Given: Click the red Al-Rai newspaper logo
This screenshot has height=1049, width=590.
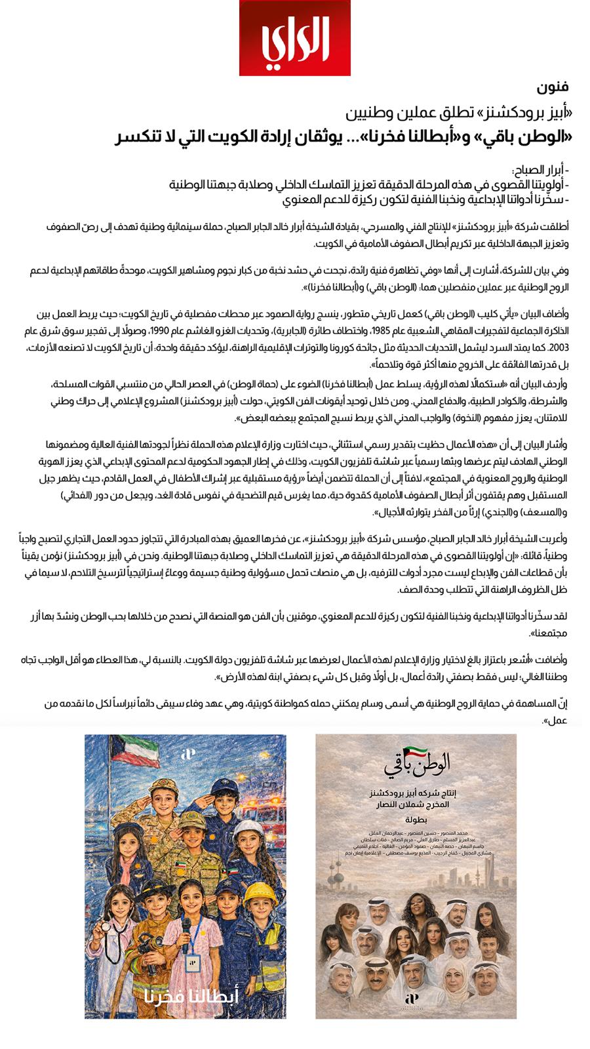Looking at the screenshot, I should coord(294,38).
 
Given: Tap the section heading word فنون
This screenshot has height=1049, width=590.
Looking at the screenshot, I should coord(552,87).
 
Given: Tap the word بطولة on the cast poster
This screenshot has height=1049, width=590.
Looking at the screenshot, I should coord(416,819).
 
